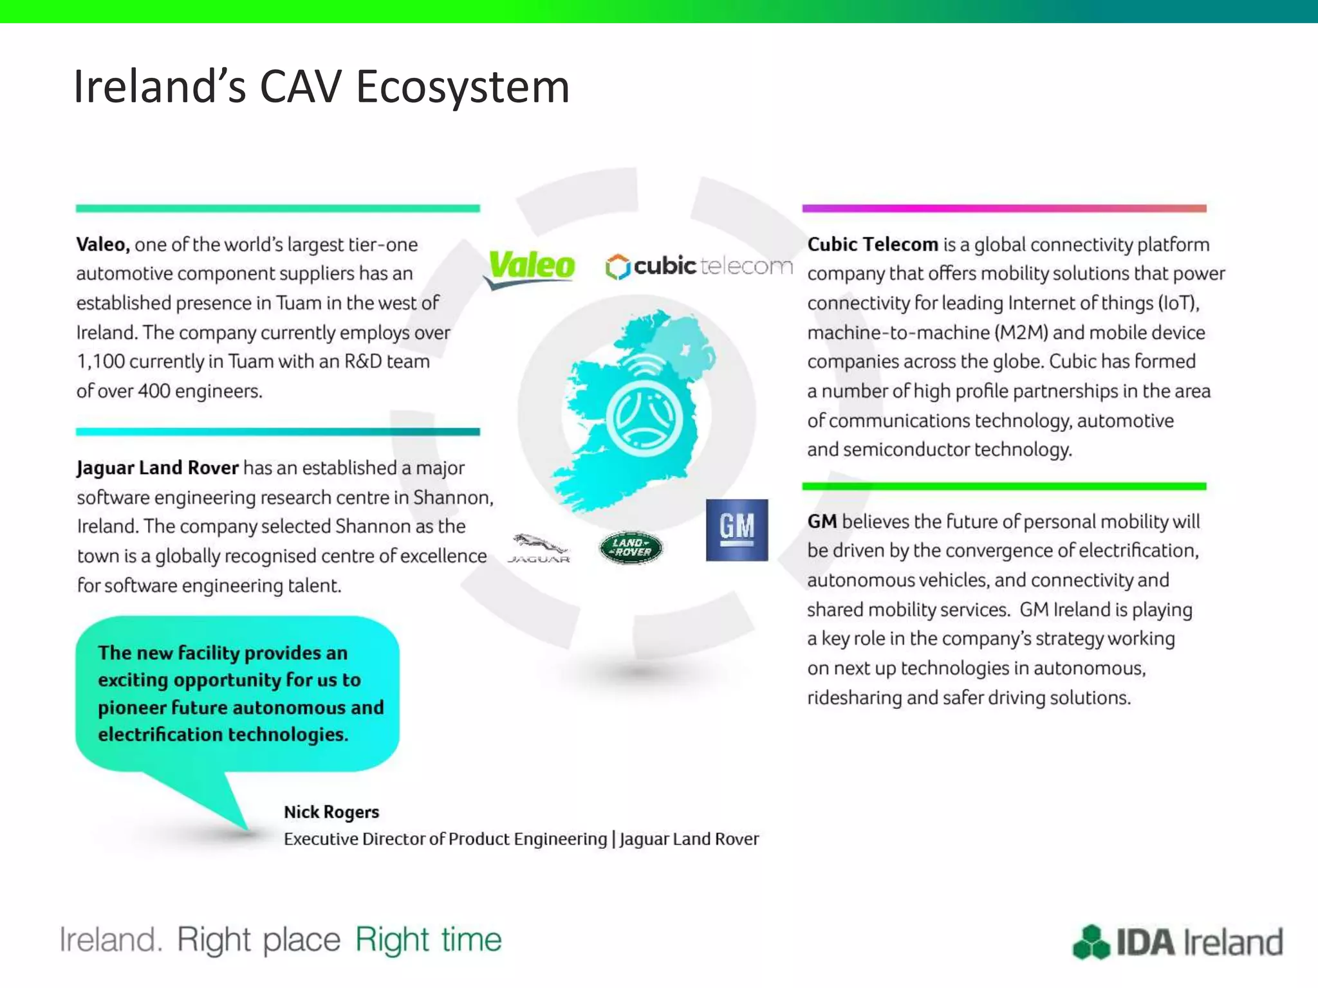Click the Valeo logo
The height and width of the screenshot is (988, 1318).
pyautogui.click(x=531, y=267)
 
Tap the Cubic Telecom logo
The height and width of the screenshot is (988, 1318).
pyautogui.click(x=698, y=266)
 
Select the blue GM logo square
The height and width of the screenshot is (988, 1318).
pyautogui.click(x=737, y=530)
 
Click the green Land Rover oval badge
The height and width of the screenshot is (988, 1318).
pyautogui.click(x=630, y=548)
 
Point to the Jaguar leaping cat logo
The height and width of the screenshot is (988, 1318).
pyautogui.click(x=539, y=547)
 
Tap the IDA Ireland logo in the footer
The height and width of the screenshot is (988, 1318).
pyautogui.click(x=1178, y=942)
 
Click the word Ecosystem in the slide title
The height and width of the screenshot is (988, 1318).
pyautogui.click(x=462, y=87)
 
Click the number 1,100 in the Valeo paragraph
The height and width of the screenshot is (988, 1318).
pyautogui.click(x=101, y=361)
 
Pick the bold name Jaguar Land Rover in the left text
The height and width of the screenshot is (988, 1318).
pyautogui.click(x=158, y=468)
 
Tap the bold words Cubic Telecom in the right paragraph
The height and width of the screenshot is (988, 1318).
pyautogui.click(x=873, y=244)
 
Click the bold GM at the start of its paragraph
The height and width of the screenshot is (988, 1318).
pyautogui.click(x=822, y=521)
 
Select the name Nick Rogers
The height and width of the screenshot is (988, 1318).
pyautogui.click(x=331, y=812)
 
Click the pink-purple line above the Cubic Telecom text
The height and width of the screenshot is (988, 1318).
pyautogui.click(x=1004, y=208)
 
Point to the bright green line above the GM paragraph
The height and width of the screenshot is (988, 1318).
pyautogui.click(x=1004, y=486)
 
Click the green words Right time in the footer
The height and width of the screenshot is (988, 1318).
pyautogui.click(x=428, y=940)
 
